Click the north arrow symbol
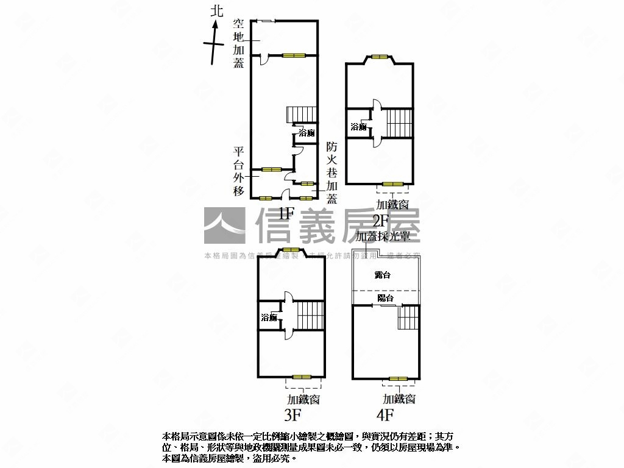coord(214,42)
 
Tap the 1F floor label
coord(286,213)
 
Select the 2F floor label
coord(381,220)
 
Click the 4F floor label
coord(385,416)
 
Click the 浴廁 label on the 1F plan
coord(307,133)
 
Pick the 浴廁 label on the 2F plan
coord(358,127)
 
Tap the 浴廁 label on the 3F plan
coord(269,317)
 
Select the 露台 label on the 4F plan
coord(383,275)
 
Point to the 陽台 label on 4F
coord(385,298)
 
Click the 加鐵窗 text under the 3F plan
coord(304,399)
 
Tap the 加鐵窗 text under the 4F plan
coord(399,399)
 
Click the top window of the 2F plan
coord(380,57)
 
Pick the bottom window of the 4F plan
coord(399,379)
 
